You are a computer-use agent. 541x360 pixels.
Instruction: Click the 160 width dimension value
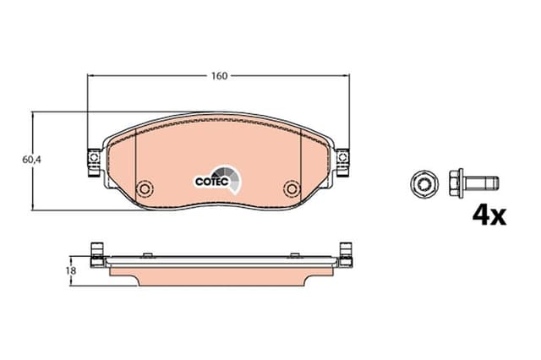pos(219,76)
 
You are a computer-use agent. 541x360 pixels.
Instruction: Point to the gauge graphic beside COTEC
pos(233,177)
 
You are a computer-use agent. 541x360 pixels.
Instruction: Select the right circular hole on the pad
pos(292,188)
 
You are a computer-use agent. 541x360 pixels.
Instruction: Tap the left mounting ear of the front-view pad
pos(92,160)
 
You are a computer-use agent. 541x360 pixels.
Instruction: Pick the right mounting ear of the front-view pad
pos(343,160)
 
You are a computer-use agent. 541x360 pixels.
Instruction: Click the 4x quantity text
pos(488,215)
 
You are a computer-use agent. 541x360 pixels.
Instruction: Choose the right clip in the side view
pos(344,254)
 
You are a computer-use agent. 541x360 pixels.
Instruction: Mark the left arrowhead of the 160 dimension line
pos(91,76)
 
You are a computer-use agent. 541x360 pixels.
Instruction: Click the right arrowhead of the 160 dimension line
pos(347,76)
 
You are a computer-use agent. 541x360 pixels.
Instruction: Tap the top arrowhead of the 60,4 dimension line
pos(33,115)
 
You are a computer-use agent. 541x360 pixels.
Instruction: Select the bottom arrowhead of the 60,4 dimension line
pos(33,206)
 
